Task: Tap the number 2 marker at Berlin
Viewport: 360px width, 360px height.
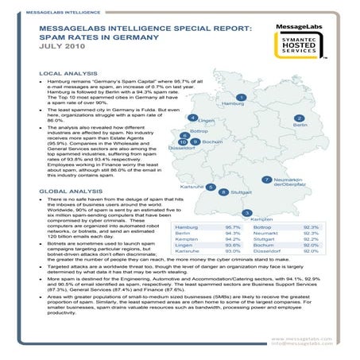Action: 299,118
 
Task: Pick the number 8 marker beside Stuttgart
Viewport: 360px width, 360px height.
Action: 223,192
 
